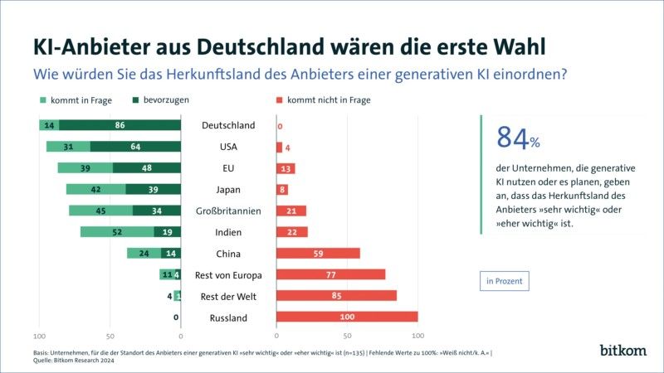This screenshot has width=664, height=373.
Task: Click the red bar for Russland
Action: tap(347, 317)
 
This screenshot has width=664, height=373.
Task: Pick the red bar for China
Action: tap(318, 253)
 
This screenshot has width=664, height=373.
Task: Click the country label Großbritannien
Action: tap(228, 211)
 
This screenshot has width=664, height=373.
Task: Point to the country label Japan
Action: tap(228, 189)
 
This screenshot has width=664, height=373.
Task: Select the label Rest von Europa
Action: tap(228, 274)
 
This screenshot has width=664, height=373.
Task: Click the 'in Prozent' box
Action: tap(505, 281)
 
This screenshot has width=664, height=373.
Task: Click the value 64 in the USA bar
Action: tap(135, 147)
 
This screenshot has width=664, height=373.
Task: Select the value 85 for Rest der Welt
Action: tap(336, 296)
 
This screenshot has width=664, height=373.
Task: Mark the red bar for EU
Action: tap(286, 168)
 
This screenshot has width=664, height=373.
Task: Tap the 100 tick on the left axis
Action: tap(38, 336)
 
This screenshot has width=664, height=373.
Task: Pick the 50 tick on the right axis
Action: tap(347, 336)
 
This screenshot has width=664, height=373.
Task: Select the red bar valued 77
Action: tap(330, 274)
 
